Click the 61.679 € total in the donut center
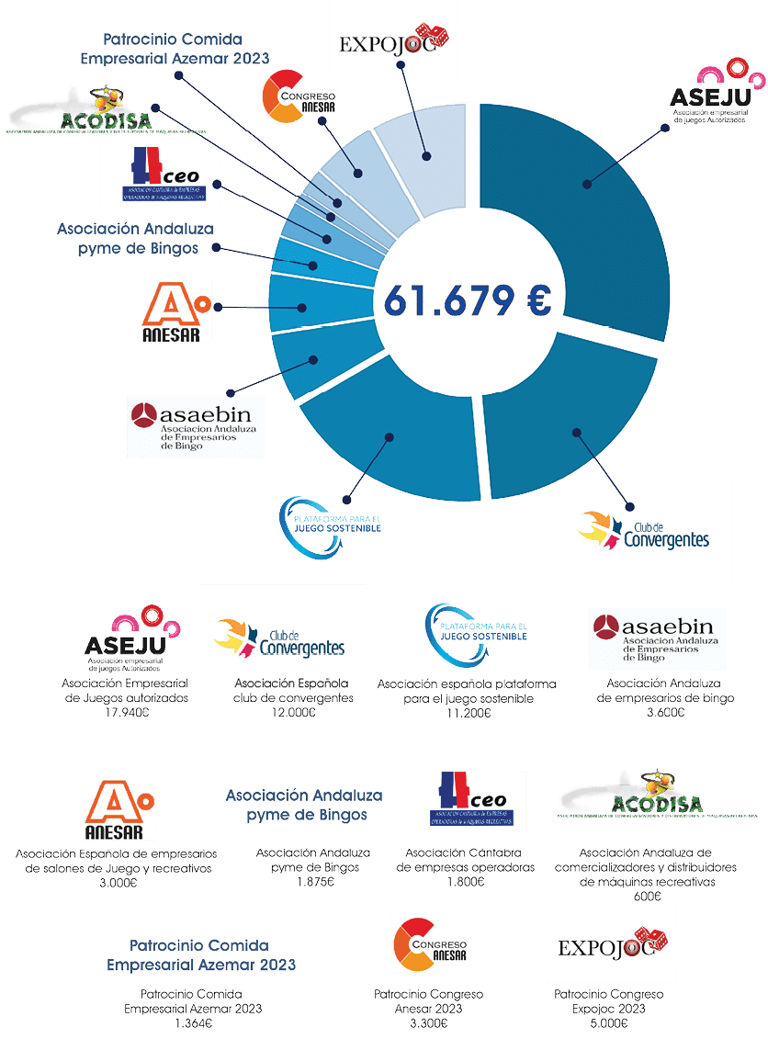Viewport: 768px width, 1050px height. point(467,299)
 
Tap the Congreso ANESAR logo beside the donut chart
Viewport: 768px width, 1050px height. point(299,97)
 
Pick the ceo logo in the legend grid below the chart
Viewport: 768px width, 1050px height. point(467,800)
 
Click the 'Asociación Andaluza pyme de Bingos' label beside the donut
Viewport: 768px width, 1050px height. point(128,238)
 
